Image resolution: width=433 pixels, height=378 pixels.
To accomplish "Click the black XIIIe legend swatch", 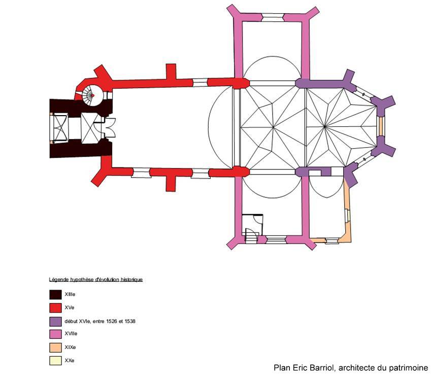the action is (x=55, y=295).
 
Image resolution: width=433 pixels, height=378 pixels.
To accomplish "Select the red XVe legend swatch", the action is (x=55, y=308).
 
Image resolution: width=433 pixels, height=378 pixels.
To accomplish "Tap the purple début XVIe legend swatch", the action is (x=55, y=321).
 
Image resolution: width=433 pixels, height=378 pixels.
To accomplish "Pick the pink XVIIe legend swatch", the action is (x=55, y=334).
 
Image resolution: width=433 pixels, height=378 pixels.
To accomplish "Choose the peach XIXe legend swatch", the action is (x=55, y=348).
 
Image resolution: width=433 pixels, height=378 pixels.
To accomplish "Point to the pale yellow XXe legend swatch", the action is (x=55, y=361).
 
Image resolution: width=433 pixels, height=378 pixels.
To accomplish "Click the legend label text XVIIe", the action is (x=71, y=333).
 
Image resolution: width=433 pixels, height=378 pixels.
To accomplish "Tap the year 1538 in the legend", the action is (x=130, y=321).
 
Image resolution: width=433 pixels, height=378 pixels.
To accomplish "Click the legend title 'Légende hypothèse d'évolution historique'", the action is (x=96, y=280).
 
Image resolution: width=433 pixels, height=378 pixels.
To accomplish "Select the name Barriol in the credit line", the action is (x=321, y=368).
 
